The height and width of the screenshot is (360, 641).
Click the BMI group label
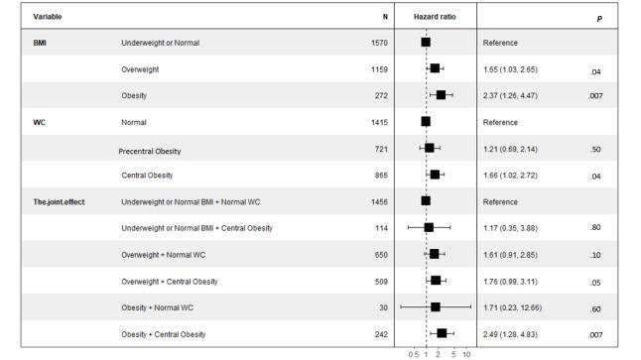pos(40,44)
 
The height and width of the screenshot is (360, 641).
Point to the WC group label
pos(39,122)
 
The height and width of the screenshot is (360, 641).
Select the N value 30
pos(382,307)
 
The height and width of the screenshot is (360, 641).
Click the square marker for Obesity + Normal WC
pos(435,307)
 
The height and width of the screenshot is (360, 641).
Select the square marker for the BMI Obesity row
pos(441,95)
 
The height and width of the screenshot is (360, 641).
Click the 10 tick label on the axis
pos(465,353)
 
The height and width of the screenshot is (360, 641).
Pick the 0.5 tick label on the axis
pos(413,353)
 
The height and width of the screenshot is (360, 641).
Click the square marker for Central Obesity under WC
pos(435,175)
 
